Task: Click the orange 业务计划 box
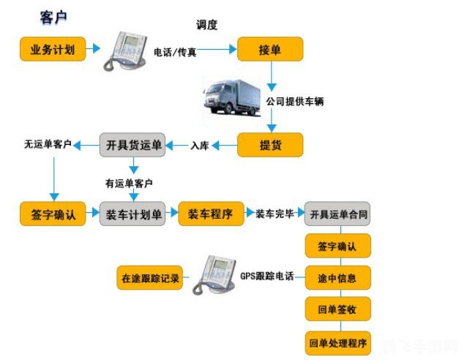[51, 50]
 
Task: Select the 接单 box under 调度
[270, 50]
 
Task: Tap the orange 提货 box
[270, 145]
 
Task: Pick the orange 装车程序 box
[211, 214]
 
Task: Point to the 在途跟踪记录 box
[149, 278]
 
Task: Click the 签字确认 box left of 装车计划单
[52, 214]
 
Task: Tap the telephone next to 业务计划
[125, 50]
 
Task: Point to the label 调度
[207, 24]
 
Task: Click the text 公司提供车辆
[295, 102]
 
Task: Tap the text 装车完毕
[275, 214]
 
